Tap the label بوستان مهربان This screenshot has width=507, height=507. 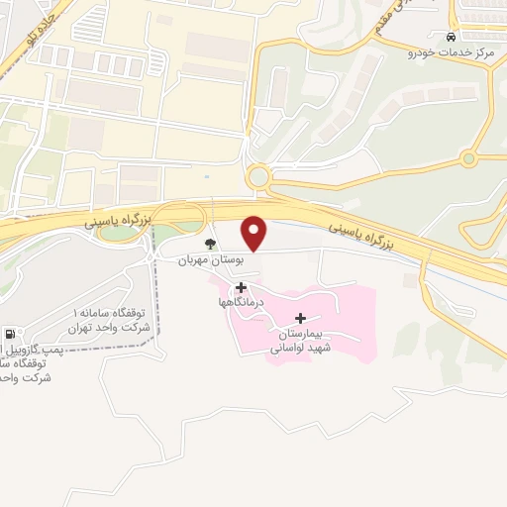point(210,260)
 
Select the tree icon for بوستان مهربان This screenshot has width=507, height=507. point(209,244)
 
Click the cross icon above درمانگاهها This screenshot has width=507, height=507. point(241,287)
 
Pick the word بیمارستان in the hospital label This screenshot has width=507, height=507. point(302,334)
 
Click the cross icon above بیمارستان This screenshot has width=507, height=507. point(301,319)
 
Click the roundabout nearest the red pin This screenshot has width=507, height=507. point(258,177)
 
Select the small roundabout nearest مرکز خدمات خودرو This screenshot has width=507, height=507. point(468,158)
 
